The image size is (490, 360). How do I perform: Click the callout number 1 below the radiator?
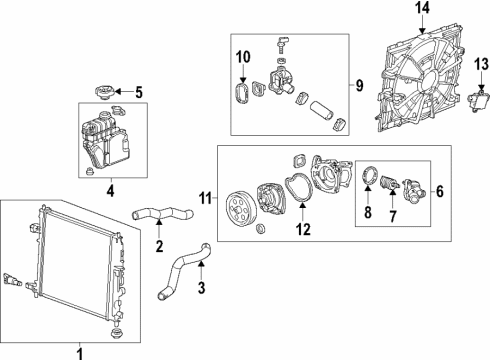point(80,352)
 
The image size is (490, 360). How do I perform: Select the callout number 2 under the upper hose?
point(158,247)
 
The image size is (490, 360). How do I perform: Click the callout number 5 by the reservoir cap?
point(139,93)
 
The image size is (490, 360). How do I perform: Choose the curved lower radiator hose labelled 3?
point(180,273)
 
